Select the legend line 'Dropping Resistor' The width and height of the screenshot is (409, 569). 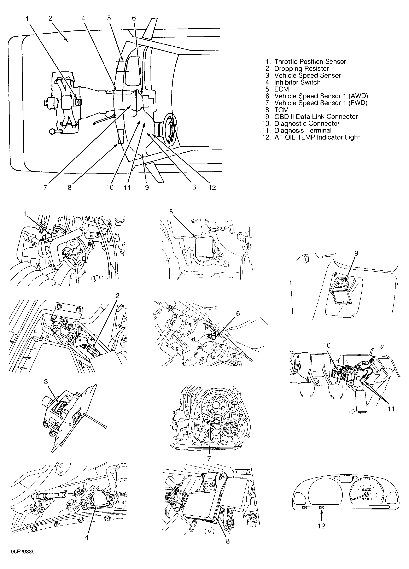[x=301, y=69]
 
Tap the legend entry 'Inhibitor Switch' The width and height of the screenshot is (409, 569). [x=297, y=83]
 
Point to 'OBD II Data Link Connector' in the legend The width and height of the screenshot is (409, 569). [x=316, y=117]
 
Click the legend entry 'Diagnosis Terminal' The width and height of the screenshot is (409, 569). [x=303, y=130]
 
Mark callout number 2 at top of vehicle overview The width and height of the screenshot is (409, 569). [x=50, y=18]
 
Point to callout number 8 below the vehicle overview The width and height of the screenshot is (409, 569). [x=70, y=187]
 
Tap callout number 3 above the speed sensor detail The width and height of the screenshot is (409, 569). [x=46, y=382]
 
